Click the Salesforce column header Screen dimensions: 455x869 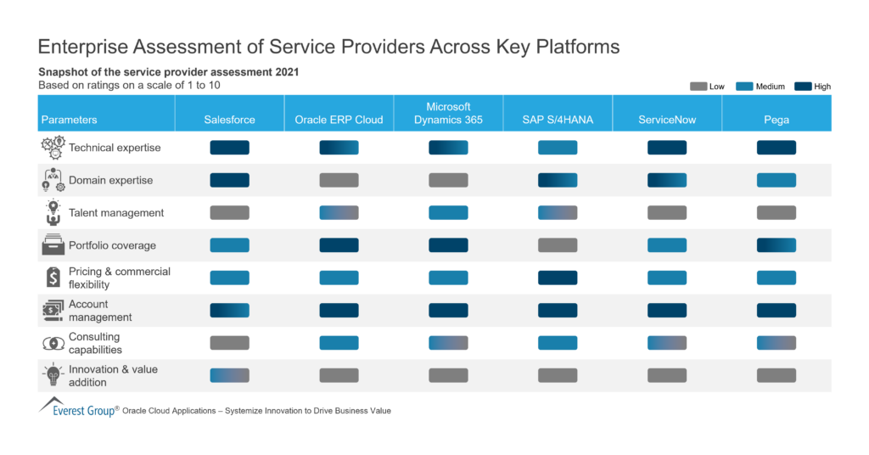pyautogui.click(x=229, y=120)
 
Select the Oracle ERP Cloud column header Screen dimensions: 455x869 pyautogui.click(x=339, y=120)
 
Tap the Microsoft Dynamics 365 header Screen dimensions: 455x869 pyautogui.click(x=448, y=114)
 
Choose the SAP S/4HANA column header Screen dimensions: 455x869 pyautogui.click(x=558, y=120)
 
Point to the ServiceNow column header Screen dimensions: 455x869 pyautogui.click(x=667, y=120)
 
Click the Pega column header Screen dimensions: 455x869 pyautogui.click(x=776, y=120)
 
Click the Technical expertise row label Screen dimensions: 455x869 pyautogui.click(x=115, y=148)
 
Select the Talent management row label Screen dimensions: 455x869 pyautogui.click(x=116, y=213)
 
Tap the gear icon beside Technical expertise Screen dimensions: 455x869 pyautogui.click(x=53, y=148)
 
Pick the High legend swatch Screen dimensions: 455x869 pyautogui.click(x=803, y=87)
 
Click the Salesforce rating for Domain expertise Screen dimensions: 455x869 pyautogui.click(x=229, y=180)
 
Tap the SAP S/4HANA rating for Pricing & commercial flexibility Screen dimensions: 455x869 pyautogui.click(x=558, y=278)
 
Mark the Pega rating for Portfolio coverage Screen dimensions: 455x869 pyautogui.click(x=776, y=245)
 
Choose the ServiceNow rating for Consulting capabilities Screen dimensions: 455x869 pyautogui.click(x=667, y=343)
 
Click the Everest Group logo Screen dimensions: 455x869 pyautogui.click(x=81, y=408)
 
